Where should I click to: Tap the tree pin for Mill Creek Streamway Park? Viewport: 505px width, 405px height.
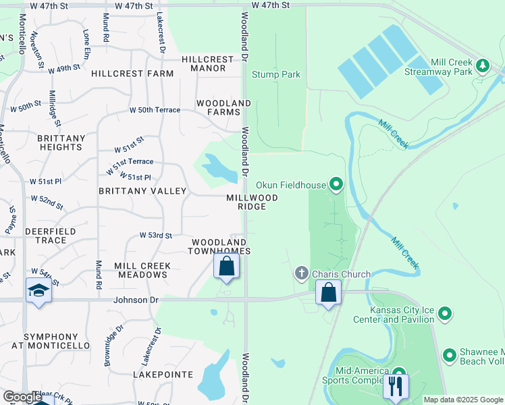(482, 65)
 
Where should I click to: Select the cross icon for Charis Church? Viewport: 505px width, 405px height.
(302, 274)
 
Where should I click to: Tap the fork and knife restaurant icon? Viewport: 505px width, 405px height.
(395, 386)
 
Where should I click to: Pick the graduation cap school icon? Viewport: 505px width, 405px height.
(38, 290)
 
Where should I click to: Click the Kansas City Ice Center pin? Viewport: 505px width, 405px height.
(444, 313)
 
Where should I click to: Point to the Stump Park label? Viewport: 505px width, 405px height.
(276, 75)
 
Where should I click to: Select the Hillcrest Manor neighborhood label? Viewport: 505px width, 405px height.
(212, 64)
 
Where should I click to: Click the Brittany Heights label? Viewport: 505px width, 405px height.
(61, 142)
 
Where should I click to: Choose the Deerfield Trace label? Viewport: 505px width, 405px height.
(36, 236)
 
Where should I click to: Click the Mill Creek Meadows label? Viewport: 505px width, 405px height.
(142, 270)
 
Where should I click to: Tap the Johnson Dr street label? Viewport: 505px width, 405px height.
(136, 300)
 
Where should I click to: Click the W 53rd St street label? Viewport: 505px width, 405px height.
(156, 235)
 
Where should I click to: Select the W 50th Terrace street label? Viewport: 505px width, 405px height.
(155, 110)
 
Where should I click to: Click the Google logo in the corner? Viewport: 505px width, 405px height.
(22, 397)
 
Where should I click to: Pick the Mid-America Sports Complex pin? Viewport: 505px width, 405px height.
(398, 373)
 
